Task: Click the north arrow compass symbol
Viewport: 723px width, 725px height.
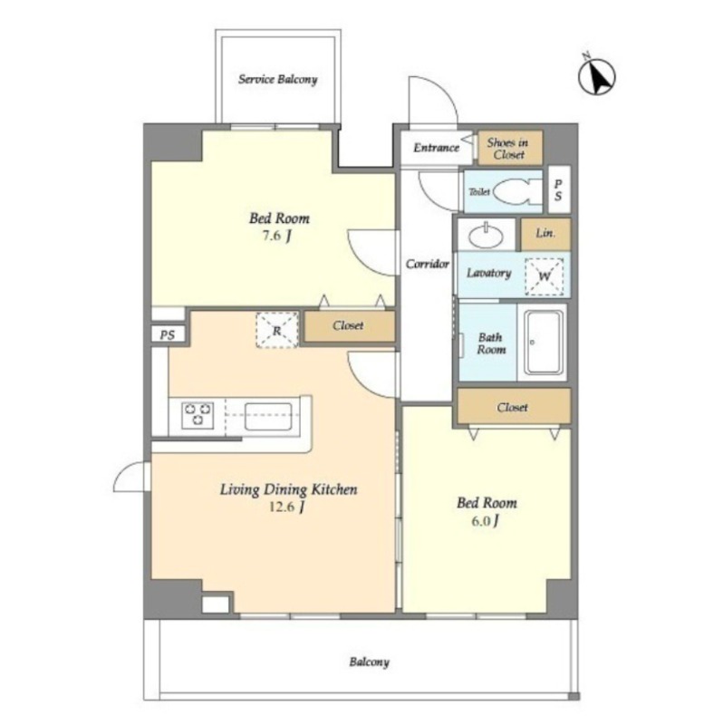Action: [596, 76]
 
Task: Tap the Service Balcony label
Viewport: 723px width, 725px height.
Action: [278, 80]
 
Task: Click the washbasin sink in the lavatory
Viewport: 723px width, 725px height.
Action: [486, 237]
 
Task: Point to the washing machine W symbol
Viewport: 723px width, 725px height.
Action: [545, 276]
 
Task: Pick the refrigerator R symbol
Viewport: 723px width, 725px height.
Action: [277, 330]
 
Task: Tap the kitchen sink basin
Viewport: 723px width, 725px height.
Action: [268, 417]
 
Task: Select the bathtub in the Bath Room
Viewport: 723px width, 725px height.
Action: [544, 343]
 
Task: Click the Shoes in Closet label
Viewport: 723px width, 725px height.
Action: [507, 149]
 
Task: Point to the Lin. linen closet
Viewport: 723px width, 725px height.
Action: [546, 235]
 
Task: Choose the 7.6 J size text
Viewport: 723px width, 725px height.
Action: [277, 237]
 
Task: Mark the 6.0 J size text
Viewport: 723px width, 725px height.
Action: [485, 521]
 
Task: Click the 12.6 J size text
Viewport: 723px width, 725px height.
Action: [286, 507]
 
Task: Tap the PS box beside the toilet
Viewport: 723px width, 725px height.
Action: [559, 189]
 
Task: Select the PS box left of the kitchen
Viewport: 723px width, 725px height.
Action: [168, 334]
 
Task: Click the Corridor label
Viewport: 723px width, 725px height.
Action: [427, 264]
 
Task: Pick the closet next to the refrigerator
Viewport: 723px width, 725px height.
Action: [350, 326]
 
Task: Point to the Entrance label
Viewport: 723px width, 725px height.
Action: [436, 148]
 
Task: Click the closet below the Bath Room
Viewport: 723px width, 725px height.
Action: [514, 407]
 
